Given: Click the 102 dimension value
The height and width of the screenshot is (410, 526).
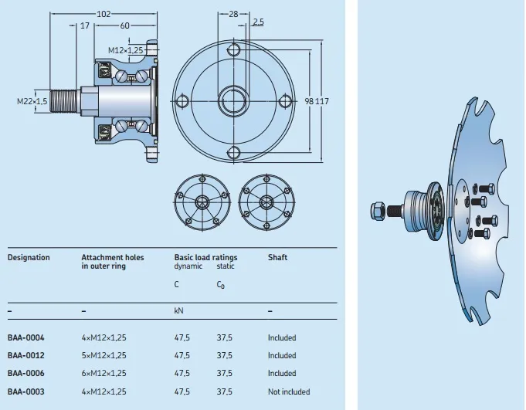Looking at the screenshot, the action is click(104, 14).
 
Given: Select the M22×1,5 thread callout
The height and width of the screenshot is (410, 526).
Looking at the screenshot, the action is click(32, 101).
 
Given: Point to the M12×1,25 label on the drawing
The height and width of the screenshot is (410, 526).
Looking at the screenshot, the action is click(125, 50).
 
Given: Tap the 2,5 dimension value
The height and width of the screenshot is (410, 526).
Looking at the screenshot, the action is click(258, 22).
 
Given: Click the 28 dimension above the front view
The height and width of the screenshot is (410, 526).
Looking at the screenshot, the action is click(233, 14).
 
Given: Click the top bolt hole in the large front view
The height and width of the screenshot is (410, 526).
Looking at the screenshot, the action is click(234, 50).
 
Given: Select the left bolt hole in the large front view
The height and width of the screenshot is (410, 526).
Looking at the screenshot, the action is click(182, 101).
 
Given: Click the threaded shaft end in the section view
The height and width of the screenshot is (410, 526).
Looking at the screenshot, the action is click(65, 101).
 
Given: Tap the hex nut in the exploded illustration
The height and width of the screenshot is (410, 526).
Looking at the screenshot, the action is click(378, 211).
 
